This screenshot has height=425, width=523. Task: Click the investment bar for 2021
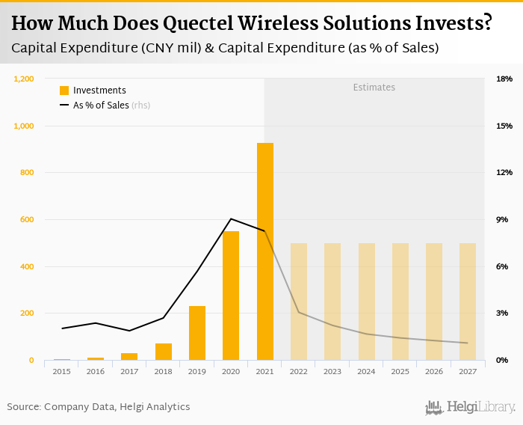point(264,251)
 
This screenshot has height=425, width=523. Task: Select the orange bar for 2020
point(231,296)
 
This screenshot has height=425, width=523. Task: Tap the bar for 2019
point(197,333)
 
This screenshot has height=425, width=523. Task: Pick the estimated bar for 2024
point(366,302)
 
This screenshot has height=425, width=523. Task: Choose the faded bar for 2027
point(468,302)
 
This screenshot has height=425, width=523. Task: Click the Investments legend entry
point(93,91)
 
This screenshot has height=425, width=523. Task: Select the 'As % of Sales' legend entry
point(101,106)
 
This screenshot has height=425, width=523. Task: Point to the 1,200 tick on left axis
point(24,79)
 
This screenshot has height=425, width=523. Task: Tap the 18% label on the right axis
point(504,79)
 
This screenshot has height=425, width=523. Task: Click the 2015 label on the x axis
point(61,370)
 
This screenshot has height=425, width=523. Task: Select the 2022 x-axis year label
point(298,370)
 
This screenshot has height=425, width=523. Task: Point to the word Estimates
point(374,88)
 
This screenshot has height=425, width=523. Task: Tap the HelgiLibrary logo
point(471,408)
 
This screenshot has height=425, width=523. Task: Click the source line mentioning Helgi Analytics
point(99,407)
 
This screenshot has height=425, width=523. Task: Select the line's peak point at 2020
point(231,218)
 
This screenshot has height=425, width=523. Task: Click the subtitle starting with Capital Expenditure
point(225,49)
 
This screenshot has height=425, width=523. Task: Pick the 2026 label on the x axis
point(433,370)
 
